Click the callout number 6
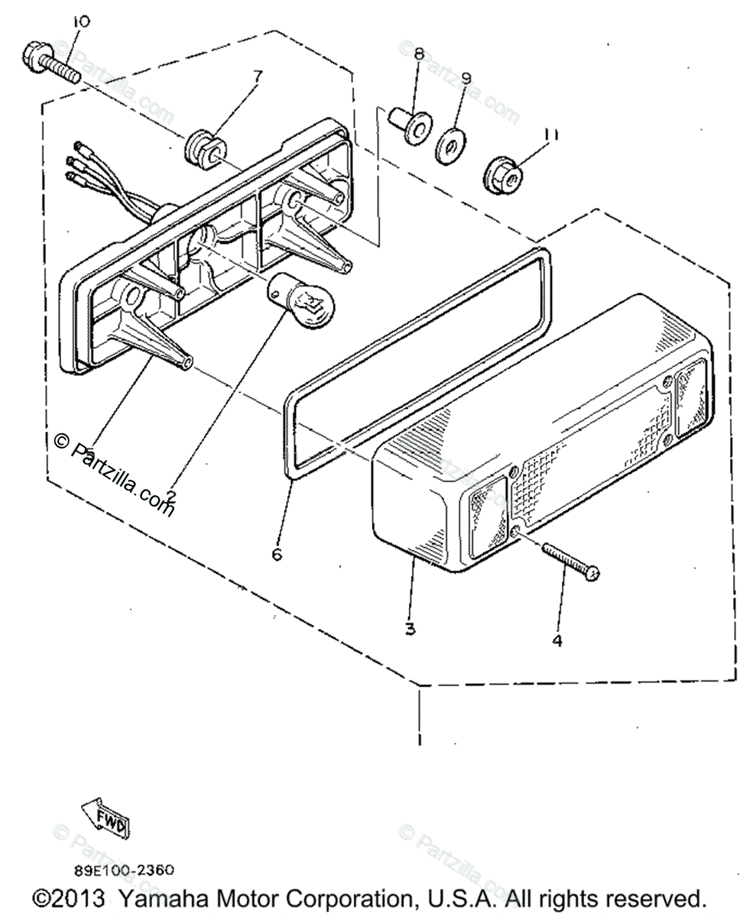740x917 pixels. [x=277, y=553]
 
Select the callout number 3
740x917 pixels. [x=410, y=628]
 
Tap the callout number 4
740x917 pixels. [x=557, y=640]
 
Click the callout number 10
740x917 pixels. [x=80, y=21]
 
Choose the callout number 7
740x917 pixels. [x=258, y=76]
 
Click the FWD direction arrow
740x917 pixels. [x=107, y=818]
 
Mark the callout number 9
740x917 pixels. [x=466, y=78]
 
